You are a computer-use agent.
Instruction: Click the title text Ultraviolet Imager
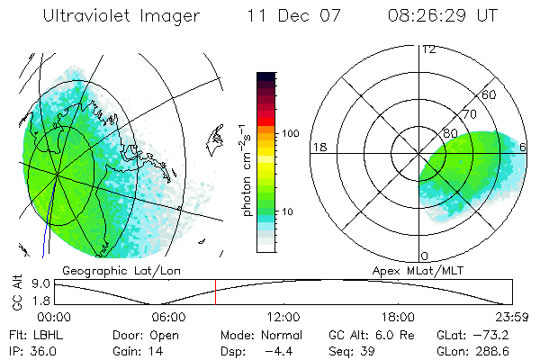pos(121,17)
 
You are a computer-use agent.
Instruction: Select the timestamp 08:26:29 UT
pos(444,17)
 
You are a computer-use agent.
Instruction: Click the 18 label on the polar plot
pos(318,147)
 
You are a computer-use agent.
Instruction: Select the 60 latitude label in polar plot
pos(490,94)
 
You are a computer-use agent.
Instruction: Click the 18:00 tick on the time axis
pos(398,317)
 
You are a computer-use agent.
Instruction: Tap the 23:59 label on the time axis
pos(512,317)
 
